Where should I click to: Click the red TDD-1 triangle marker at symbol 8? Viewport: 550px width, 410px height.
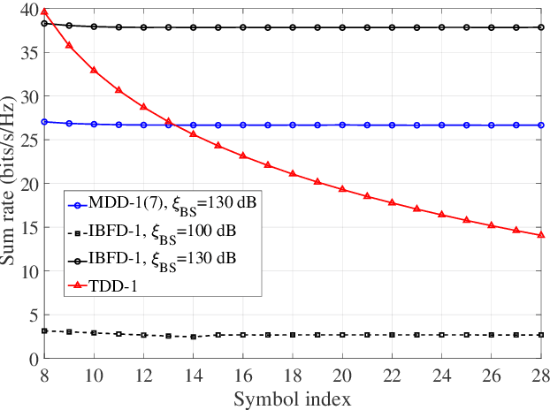[44, 11]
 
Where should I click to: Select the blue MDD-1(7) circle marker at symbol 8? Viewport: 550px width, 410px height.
[44, 121]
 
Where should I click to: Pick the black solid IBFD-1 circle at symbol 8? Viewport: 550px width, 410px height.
[44, 23]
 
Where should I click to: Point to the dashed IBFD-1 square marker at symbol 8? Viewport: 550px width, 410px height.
[44, 331]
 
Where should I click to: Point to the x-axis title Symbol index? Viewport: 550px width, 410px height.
[293, 399]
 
